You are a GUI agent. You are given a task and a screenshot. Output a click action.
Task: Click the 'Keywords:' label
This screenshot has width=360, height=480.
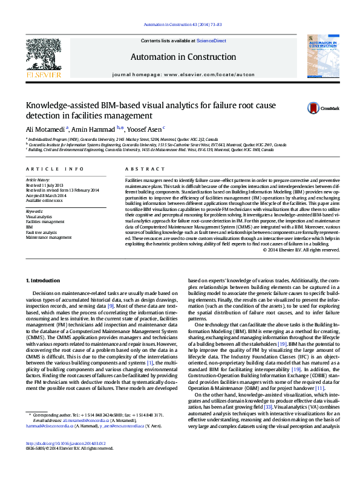pos(34,211)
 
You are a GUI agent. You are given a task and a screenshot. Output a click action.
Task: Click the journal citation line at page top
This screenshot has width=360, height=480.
pos(182,25)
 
